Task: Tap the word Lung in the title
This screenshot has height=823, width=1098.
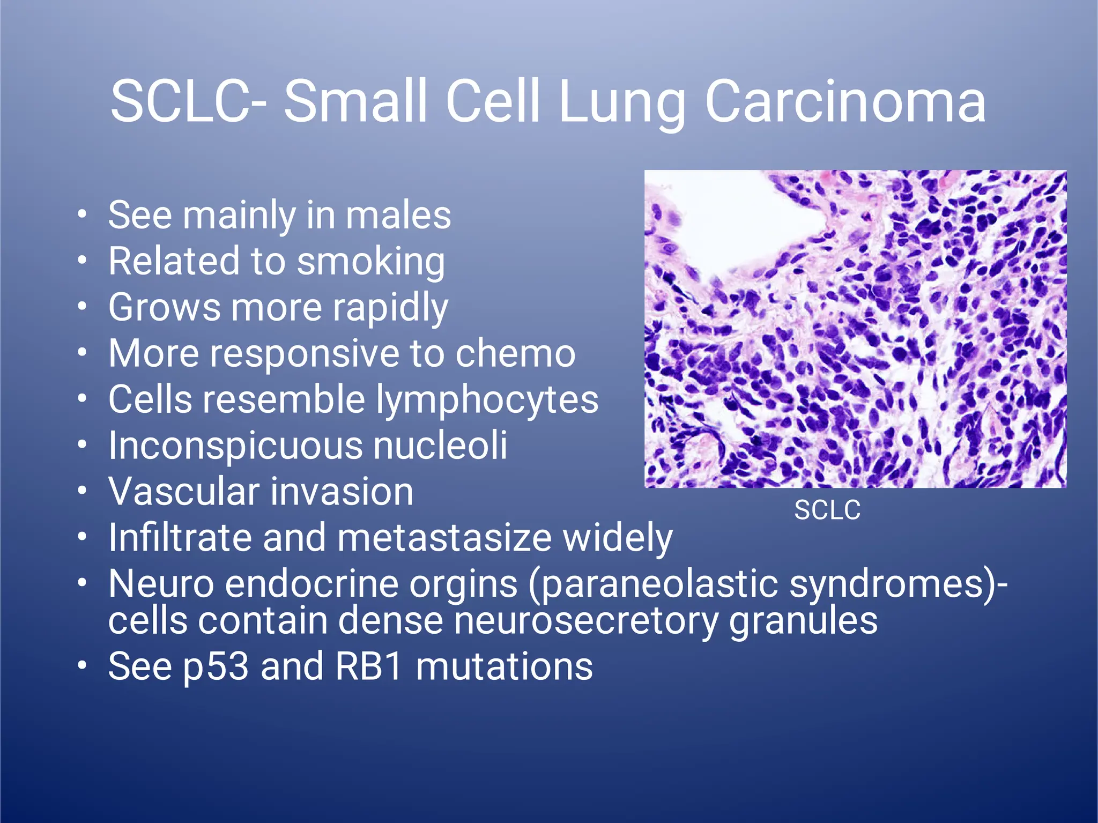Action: (x=622, y=102)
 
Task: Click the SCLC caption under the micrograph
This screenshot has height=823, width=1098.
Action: (x=827, y=510)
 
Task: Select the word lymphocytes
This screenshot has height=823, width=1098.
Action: (x=486, y=401)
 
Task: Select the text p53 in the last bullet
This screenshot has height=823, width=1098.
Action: (x=216, y=668)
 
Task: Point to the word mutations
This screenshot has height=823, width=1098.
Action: (x=504, y=666)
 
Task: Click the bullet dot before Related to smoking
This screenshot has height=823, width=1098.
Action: (x=81, y=261)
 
